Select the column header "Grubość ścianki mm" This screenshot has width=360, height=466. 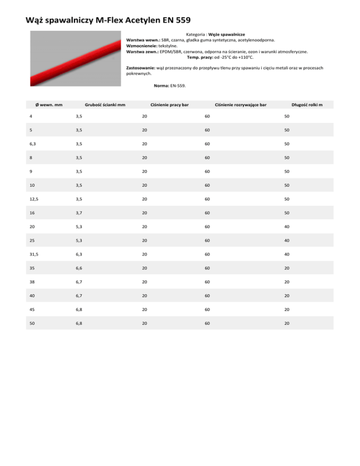coord(104,104)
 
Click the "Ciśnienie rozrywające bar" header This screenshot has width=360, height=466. coord(240,104)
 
